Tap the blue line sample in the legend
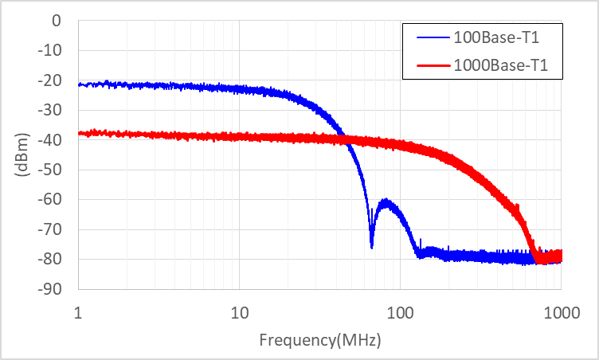coord(431,37)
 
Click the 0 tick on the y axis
coord(57,21)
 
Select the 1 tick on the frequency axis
coord(77,310)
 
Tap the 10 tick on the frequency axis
coord(239,310)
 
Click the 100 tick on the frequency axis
coord(400,310)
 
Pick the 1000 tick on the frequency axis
coord(561,310)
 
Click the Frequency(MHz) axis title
coord(319,340)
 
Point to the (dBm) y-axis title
coord(22,155)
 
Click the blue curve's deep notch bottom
coord(372,247)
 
